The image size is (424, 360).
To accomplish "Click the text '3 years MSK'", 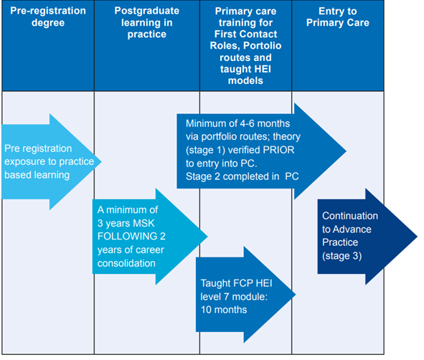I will point(122,222).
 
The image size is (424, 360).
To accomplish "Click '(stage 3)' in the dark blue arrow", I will point(342,254).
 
